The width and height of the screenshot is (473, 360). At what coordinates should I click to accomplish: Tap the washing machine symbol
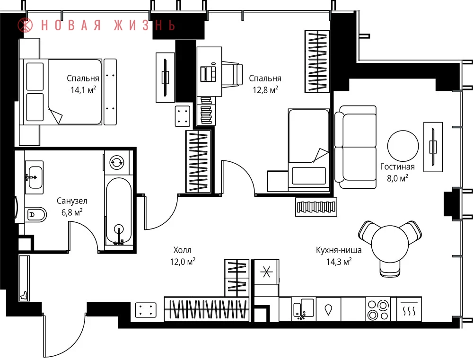point(117,162)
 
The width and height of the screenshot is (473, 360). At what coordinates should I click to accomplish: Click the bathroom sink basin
point(34,177)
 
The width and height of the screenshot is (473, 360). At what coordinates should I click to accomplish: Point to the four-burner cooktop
point(378,309)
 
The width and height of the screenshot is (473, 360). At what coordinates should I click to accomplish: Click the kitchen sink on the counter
point(304,308)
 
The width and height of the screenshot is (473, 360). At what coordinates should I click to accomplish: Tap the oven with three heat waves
point(409,309)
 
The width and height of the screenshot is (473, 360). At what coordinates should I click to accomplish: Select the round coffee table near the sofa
point(403,146)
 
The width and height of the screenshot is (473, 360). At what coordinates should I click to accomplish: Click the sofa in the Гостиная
point(355,147)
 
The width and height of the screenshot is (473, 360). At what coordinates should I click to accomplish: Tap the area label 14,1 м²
point(83,89)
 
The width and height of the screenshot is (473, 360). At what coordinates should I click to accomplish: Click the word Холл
point(183,250)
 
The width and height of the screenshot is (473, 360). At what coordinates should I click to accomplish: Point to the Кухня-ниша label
point(339,250)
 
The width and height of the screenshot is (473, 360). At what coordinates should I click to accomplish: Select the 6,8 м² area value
point(72,212)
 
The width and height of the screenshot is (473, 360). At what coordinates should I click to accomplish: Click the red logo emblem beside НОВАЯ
point(25,25)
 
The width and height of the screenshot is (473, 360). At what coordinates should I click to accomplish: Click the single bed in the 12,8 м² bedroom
point(308,150)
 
